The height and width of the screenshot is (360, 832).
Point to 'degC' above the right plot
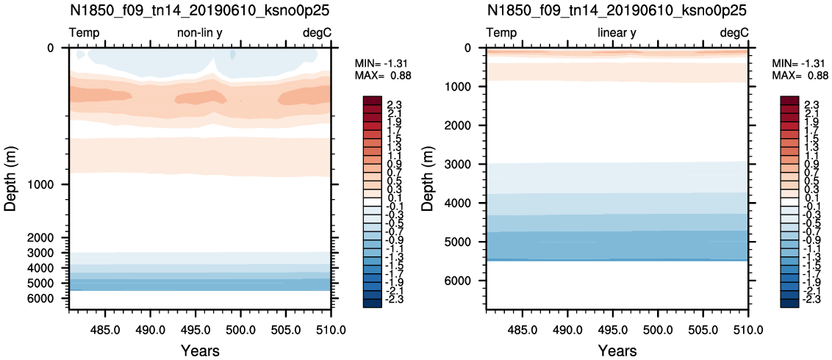[x=734, y=33]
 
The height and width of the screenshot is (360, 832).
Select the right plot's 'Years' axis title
[x=617, y=350]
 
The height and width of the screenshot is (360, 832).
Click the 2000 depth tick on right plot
[x=465, y=126]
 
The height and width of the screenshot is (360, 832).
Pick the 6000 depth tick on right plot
[x=465, y=281]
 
